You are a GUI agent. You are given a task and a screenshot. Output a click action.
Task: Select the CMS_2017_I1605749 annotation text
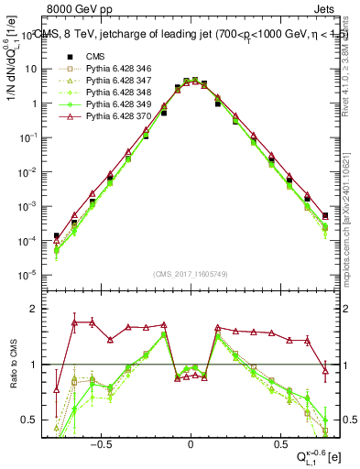pyautogui.click(x=190, y=274)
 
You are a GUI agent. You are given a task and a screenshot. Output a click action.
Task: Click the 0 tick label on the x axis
pyautogui.click(x=190, y=441)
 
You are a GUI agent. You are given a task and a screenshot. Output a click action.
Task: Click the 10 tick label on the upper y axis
pyautogui.click(x=30, y=69)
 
